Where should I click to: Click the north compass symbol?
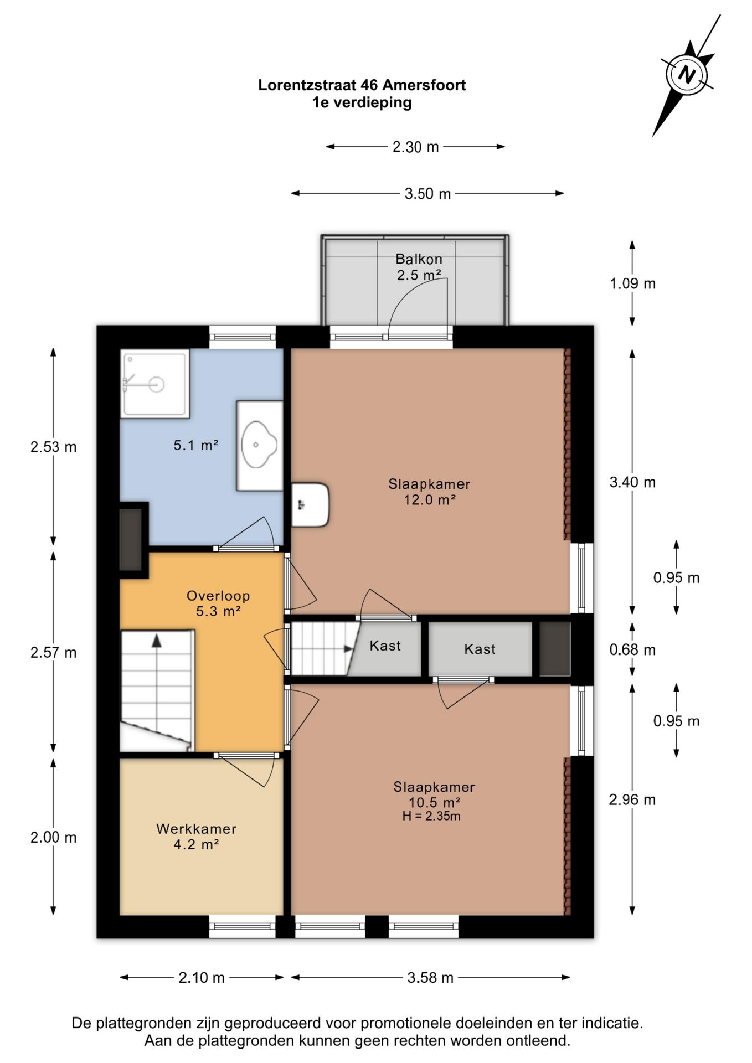(687, 74)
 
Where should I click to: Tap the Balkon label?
(419, 259)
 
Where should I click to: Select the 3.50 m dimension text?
(427, 194)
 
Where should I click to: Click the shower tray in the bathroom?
(155, 383)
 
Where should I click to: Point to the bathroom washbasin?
(259, 446)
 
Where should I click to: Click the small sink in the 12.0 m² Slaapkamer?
(310, 504)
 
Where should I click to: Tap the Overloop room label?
(218, 596)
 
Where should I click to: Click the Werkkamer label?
(197, 829)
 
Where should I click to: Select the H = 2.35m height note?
(431, 816)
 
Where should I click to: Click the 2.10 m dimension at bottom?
(202, 978)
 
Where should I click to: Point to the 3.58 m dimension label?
(430, 978)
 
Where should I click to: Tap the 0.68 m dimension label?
(632, 649)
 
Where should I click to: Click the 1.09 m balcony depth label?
(632, 283)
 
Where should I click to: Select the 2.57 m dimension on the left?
(54, 653)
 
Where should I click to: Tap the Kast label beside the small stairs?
(385, 646)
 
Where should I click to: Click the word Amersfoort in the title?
(424, 85)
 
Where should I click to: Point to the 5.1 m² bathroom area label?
(196, 445)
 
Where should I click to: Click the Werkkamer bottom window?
(243, 926)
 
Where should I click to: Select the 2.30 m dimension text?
(416, 147)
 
